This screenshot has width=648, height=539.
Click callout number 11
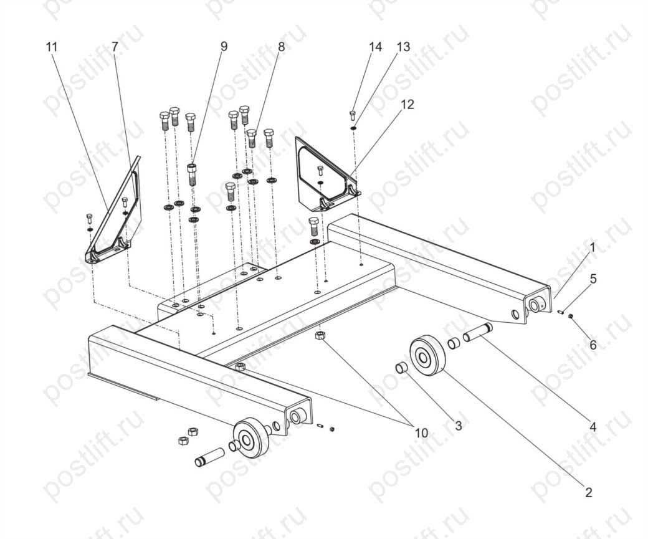pyautogui.click(x=51, y=47)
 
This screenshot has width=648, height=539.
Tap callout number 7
pyautogui.click(x=115, y=47)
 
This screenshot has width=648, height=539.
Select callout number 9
pyautogui.click(x=224, y=46)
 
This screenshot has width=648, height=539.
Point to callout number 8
pyautogui.click(x=281, y=47)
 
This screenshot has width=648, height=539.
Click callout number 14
pyautogui.click(x=375, y=47)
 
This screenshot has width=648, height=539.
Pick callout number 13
pyautogui.click(x=403, y=47)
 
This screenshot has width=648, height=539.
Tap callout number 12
pyautogui.click(x=407, y=104)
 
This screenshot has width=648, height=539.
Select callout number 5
pyautogui.click(x=593, y=279)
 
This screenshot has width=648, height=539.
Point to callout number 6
pyautogui.click(x=593, y=344)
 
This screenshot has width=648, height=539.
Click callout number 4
pyautogui.click(x=593, y=427)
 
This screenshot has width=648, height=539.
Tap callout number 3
pyautogui.click(x=459, y=426)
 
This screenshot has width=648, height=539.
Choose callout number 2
pyautogui.click(x=588, y=492)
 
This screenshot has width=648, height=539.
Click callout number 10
pyautogui.click(x=422, y=433)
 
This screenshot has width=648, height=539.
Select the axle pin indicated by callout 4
pyautogui.click(x=478, y=333)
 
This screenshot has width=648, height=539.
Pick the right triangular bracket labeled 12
pyautogui.click(x=326, y=176)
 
